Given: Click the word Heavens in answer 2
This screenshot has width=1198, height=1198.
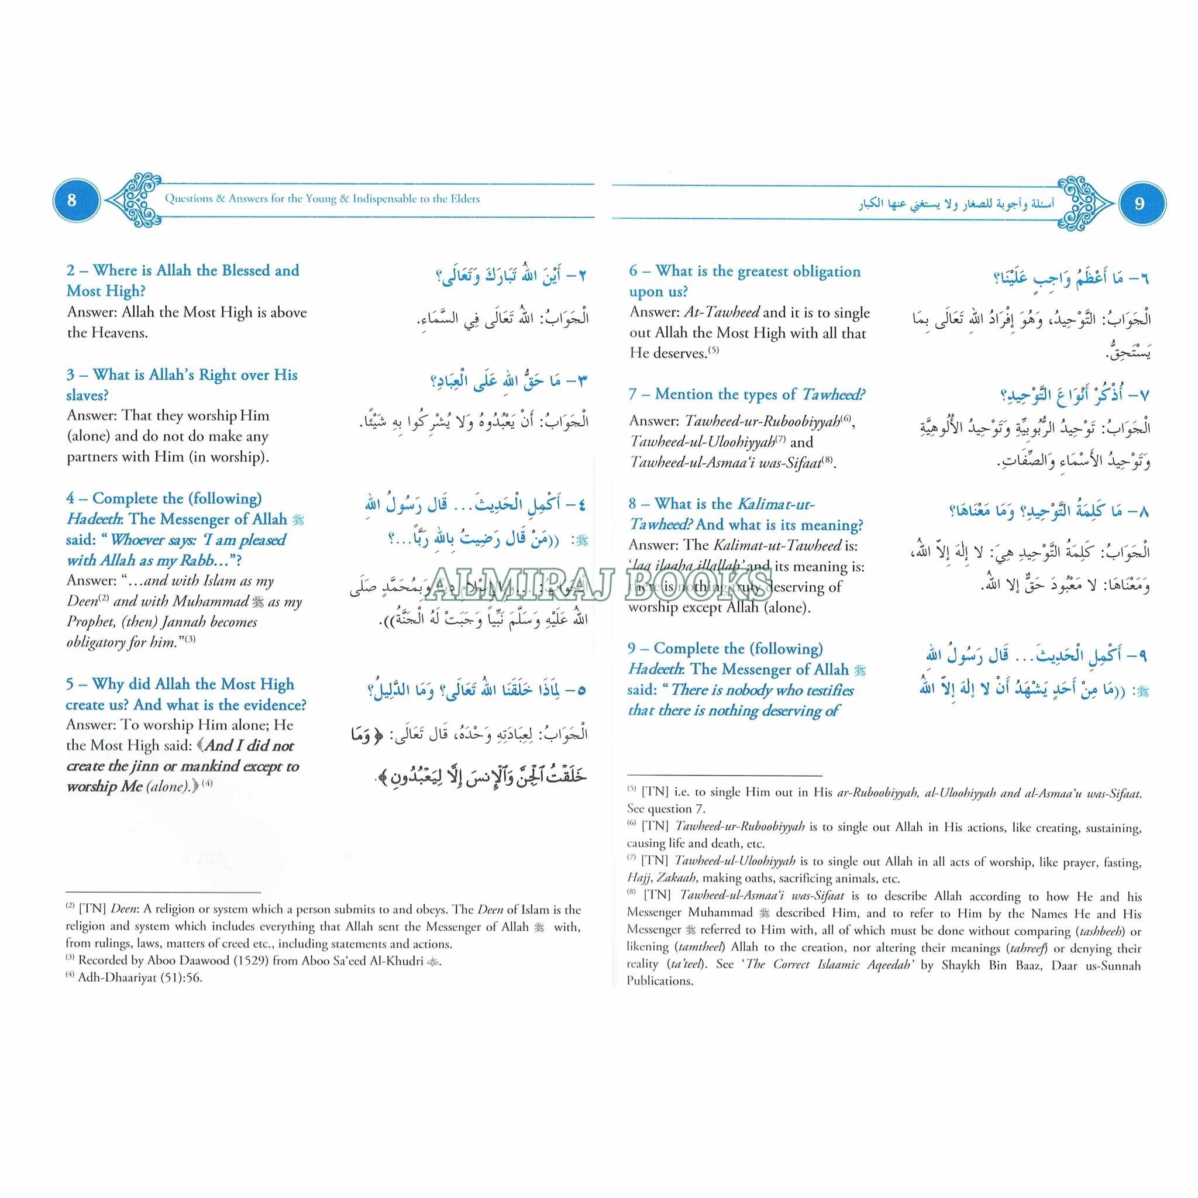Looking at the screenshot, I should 121,333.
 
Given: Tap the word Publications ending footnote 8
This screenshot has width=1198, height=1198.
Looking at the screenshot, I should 659,981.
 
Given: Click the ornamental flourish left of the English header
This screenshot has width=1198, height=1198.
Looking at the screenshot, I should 135,200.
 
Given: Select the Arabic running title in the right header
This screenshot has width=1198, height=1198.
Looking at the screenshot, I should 956,204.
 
